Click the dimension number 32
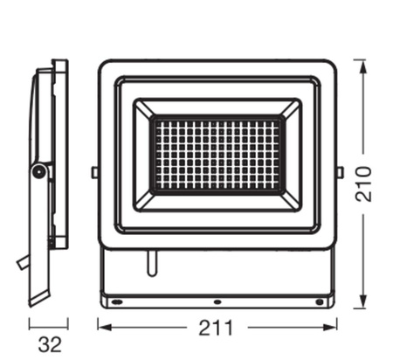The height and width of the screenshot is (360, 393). click(x=50, y=344)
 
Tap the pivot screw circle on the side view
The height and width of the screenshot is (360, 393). click(x=38, y=171)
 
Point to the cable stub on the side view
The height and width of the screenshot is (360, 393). click(x=21, y=262)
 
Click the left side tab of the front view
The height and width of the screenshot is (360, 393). click(x=94, y=172)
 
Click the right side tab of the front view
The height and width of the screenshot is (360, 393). click(x=341, y=172)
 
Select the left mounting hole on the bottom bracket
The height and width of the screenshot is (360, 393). click(x=115, y=301)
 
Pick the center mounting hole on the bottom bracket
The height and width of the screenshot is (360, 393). click(x=217, y=301)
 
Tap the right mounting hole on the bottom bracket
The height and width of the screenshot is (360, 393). click(x=320, y=301)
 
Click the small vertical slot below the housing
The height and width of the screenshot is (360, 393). click(x=152, y=262)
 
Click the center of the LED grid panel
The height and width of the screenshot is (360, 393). click(x=217, y=155)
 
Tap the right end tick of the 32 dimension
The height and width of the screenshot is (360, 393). click(x=68, y=323)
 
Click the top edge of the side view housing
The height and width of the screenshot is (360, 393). click(x=59, y=61)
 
